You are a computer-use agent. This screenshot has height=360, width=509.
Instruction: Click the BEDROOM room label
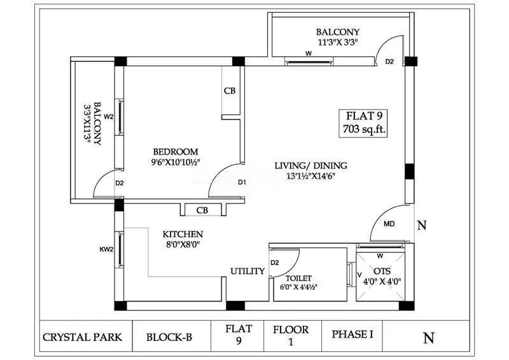click(x=175, y=151)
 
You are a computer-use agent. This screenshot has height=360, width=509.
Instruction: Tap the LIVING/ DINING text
click(x=310, y=165)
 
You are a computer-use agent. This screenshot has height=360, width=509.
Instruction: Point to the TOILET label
click(x=298, y=278)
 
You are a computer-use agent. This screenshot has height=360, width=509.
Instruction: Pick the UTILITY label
click(x=248, y=272)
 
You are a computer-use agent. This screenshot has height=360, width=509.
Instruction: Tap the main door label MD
click(x=389, y=225)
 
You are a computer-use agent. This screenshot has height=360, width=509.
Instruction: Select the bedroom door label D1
click(x=242, y=183)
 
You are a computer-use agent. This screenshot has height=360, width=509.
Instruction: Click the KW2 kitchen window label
click(x=106, y=249)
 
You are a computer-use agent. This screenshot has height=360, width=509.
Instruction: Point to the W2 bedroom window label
click(x=109, y=116)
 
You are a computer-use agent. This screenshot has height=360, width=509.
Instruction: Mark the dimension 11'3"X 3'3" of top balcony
click(x=338, y=43)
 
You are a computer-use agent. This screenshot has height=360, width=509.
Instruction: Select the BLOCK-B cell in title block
click(x=169, y=336)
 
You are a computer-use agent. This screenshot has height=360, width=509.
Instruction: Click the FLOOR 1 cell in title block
click(x=291, y=336)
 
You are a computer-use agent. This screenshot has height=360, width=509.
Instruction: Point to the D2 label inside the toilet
click(x=275, y=262)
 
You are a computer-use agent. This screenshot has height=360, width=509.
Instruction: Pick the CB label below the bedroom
click(x=202, y=211)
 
